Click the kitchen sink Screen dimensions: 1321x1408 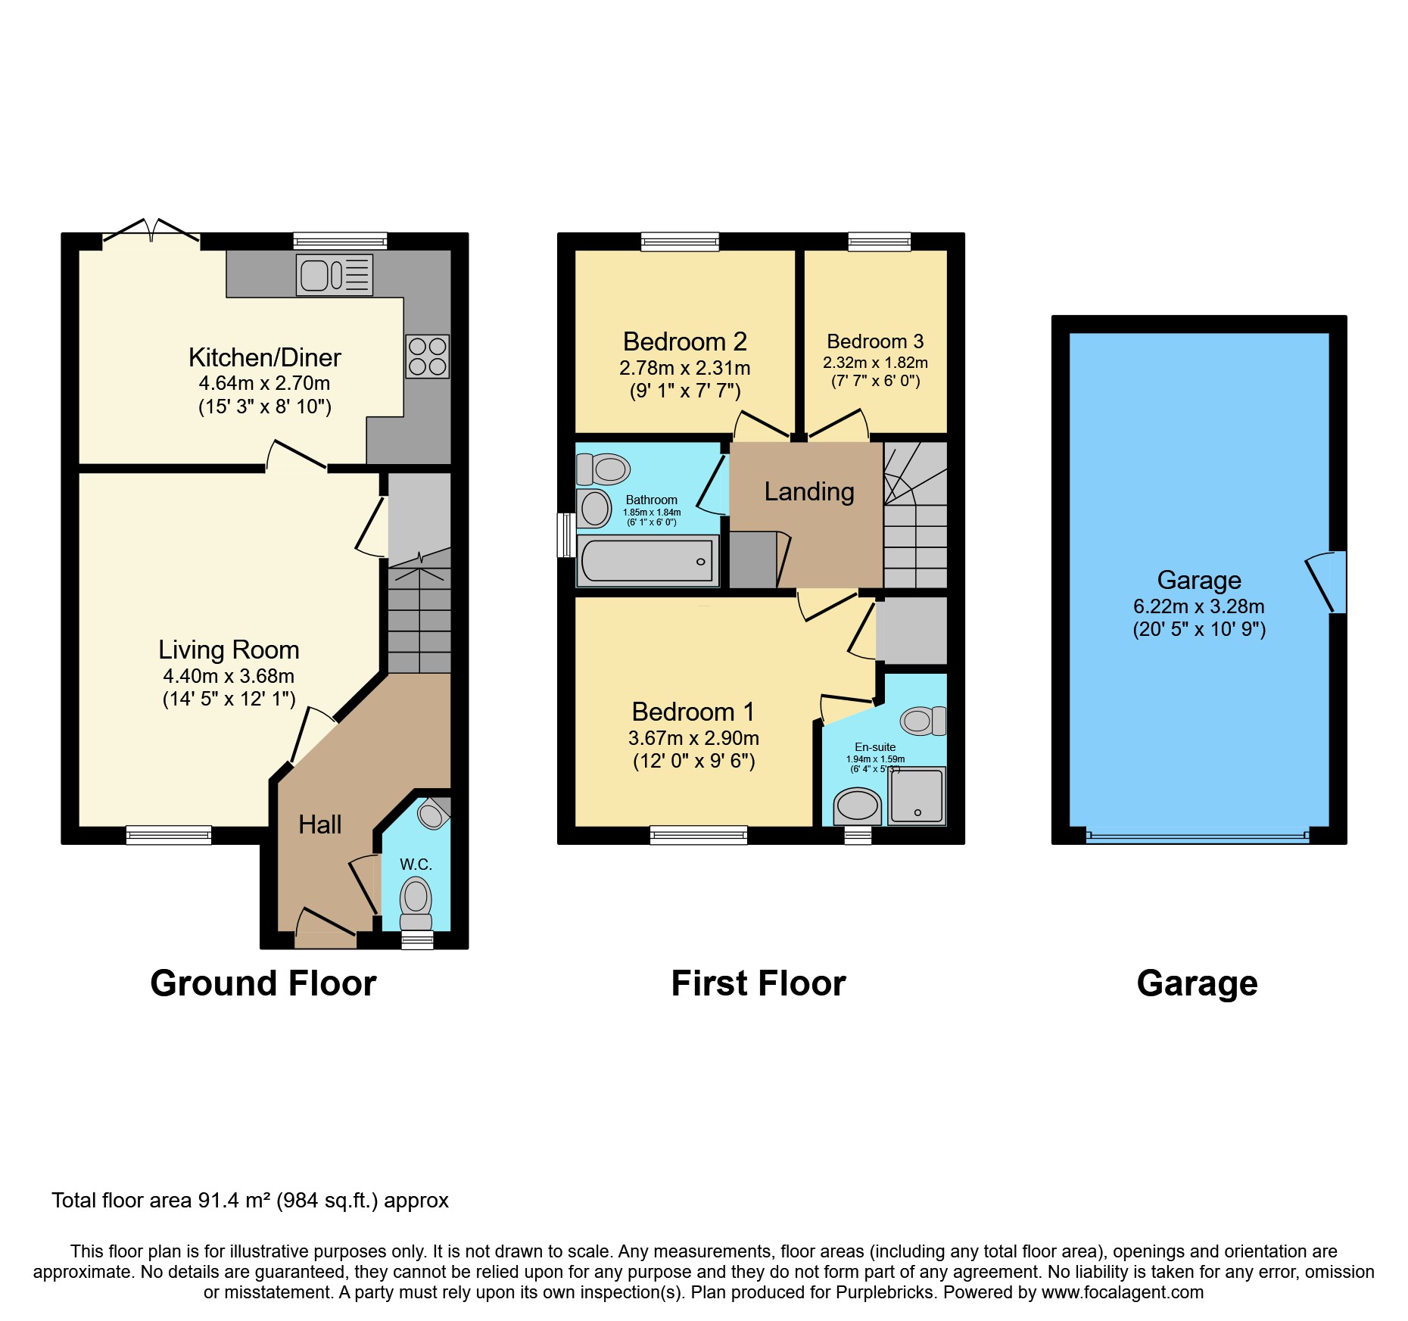[x=334, y=275]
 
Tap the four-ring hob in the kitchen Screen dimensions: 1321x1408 [x=427, y=357]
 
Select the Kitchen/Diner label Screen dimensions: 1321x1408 [x=264, y=357]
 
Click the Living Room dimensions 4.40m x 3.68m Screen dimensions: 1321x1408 [x=229, y=676]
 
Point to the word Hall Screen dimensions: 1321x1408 [x=319, y=824]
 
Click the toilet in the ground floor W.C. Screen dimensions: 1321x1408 [x=416, y=901]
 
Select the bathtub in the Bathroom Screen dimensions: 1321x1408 [x=648, y=561]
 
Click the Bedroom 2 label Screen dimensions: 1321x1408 [x=684, y=341]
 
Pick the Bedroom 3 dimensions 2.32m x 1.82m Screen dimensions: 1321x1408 [x=875, y=363]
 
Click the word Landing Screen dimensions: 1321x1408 [x=808, y=491]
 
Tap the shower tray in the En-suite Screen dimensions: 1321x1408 [x=917, y=796]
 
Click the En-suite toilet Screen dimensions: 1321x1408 [x=922, y=721]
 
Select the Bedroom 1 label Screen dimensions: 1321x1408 [x=693, y=712]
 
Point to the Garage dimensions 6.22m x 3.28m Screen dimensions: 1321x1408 [x=1198, y=606]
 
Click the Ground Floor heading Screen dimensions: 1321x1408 [x=263, y=983]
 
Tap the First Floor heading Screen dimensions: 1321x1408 [x=759, y=983]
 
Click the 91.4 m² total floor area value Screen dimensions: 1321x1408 [x=235, y=1201]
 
